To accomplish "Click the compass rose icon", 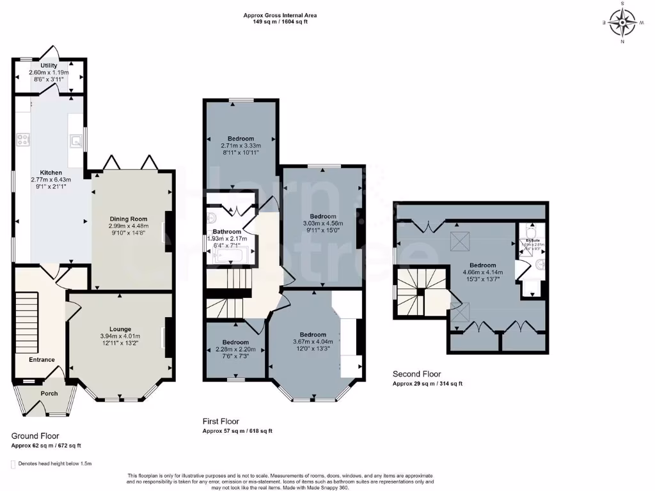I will tap(621, 23).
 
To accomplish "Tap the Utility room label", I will tap(49, 65).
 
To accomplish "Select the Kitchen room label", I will tap(51, 173).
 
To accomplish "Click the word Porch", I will tap(49, 393).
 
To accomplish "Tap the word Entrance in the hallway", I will tap(42, 359).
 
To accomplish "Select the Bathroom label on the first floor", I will tap(227, 231).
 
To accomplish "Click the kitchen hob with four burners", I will tap(23, 139).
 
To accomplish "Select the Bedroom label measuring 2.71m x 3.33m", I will tap(241, 139).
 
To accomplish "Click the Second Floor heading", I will tap(416, 374).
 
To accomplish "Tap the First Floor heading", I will tap(221, 421).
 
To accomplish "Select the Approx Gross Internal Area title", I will tap(280, 15).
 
